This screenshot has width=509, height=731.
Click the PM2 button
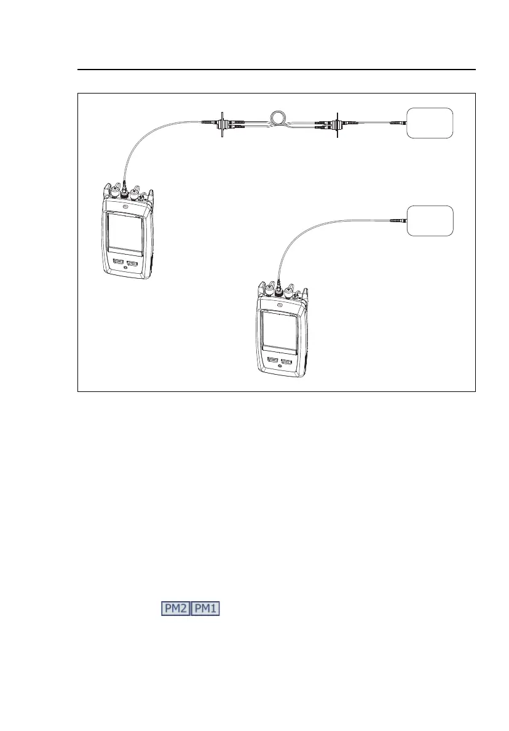pos(176,609)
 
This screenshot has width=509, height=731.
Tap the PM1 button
pos(207,609)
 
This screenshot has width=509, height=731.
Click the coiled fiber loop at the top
pos(278,117)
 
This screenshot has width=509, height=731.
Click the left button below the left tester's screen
pos(117,261)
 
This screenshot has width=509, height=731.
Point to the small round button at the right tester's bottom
pos(280,367)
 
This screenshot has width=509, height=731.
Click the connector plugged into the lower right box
pos(399,220)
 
